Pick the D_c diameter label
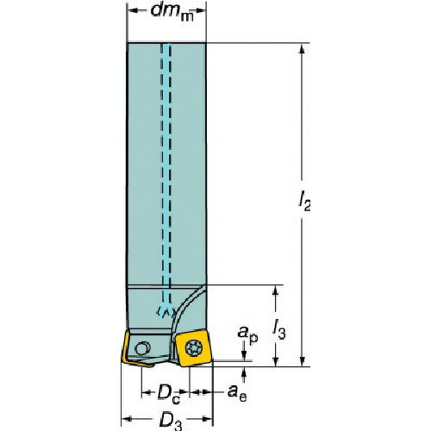pyautogui.click(x=167, y=393)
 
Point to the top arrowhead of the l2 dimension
pyautogui.click(x=303, y=48)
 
